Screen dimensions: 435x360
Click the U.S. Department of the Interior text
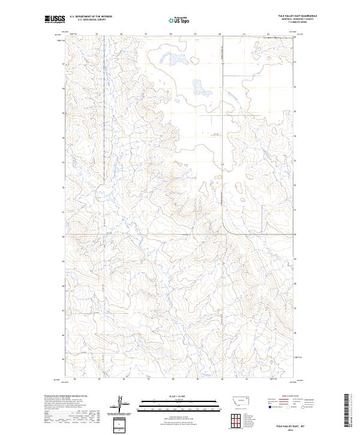pyautogui.click(x=91, y=17)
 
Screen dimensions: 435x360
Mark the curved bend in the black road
pyautogui.click(x=227, y=229)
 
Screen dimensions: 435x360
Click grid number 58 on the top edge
pyautogui.click(x=171, y=34)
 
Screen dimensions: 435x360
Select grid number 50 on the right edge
pyautogui.click(x=295, y=235)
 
